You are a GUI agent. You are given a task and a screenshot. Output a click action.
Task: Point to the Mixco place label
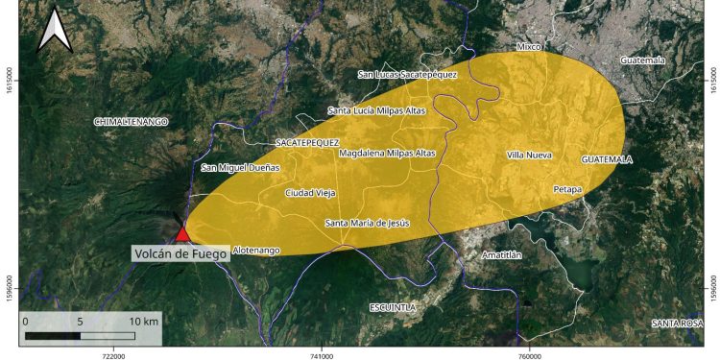(x=529, y=47)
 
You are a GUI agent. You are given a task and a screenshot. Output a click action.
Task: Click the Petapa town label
(x=567, y=189)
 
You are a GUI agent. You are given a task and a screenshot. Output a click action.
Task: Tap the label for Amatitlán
(x=501, y=255)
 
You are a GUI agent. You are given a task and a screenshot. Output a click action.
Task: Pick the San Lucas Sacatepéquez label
(x=407, y=74)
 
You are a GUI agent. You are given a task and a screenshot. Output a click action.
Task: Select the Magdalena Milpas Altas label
(x=387, y=153)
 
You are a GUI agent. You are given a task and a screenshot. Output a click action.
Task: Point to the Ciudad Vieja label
(x=310, y=193)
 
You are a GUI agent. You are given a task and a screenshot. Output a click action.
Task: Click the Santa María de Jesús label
(x=368, y=224)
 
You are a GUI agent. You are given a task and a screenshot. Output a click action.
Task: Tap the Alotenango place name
(x=256, y=251)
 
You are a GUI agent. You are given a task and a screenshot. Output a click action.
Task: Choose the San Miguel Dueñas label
(x=241, y=168)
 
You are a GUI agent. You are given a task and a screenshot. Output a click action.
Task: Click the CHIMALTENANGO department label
(x=131, y=122)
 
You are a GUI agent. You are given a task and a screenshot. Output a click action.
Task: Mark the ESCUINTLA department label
(x=392, y=307)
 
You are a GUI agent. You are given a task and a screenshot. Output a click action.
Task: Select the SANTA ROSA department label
(x=677, y=323)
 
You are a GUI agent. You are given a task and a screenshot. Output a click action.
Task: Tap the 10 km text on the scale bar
(x=144, y=320)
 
